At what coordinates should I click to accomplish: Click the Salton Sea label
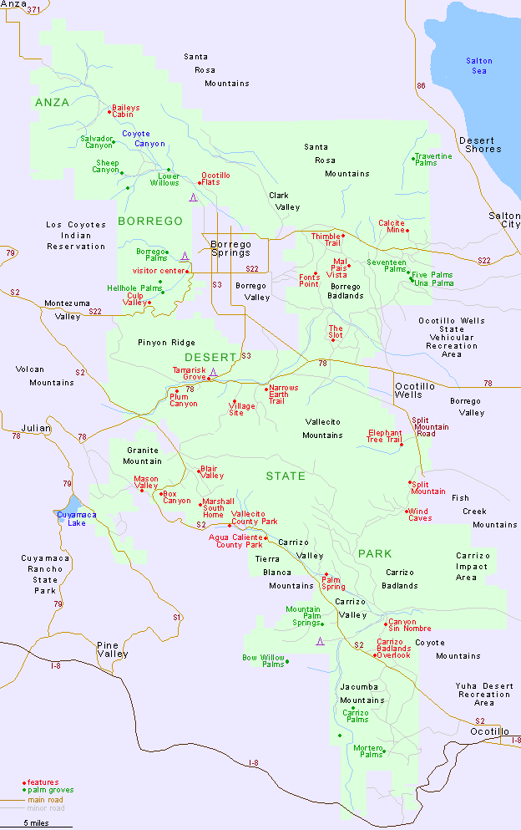[x=479, y=66]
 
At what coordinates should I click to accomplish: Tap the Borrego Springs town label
[x=230, y=247]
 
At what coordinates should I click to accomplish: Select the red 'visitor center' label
[x=160, y=271]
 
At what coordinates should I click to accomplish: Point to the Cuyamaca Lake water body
[x=70, y=507]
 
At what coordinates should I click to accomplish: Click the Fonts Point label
[x=309, y=280]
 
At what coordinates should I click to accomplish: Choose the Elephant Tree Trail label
[x=384, y=436]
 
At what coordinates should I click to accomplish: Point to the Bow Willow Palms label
[x=263, y=661]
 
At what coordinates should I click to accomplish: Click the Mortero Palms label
[x=367, y=751]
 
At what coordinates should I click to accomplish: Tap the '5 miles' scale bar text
[x=35, y=823]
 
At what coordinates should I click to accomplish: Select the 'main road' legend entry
[x=46, y=799]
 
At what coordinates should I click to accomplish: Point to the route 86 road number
[x=420, y=86]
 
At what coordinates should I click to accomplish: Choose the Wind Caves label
[x=420, y=515]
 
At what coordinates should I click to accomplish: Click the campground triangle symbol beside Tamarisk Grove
[x=214, y=372]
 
